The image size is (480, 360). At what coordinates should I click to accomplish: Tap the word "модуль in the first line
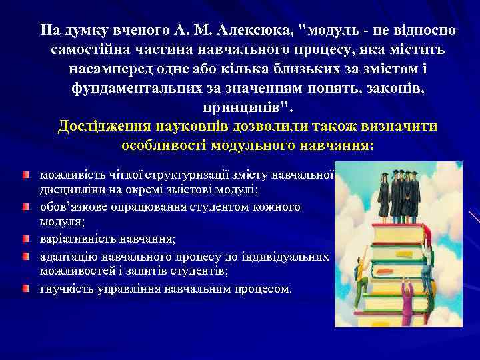(331, 31)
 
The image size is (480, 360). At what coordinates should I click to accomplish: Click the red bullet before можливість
(25, 175)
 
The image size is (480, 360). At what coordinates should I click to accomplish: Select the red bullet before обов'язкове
(25, 207)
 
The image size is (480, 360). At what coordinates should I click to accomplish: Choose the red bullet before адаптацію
(25, 256)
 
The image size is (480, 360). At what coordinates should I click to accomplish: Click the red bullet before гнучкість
(25, 289)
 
